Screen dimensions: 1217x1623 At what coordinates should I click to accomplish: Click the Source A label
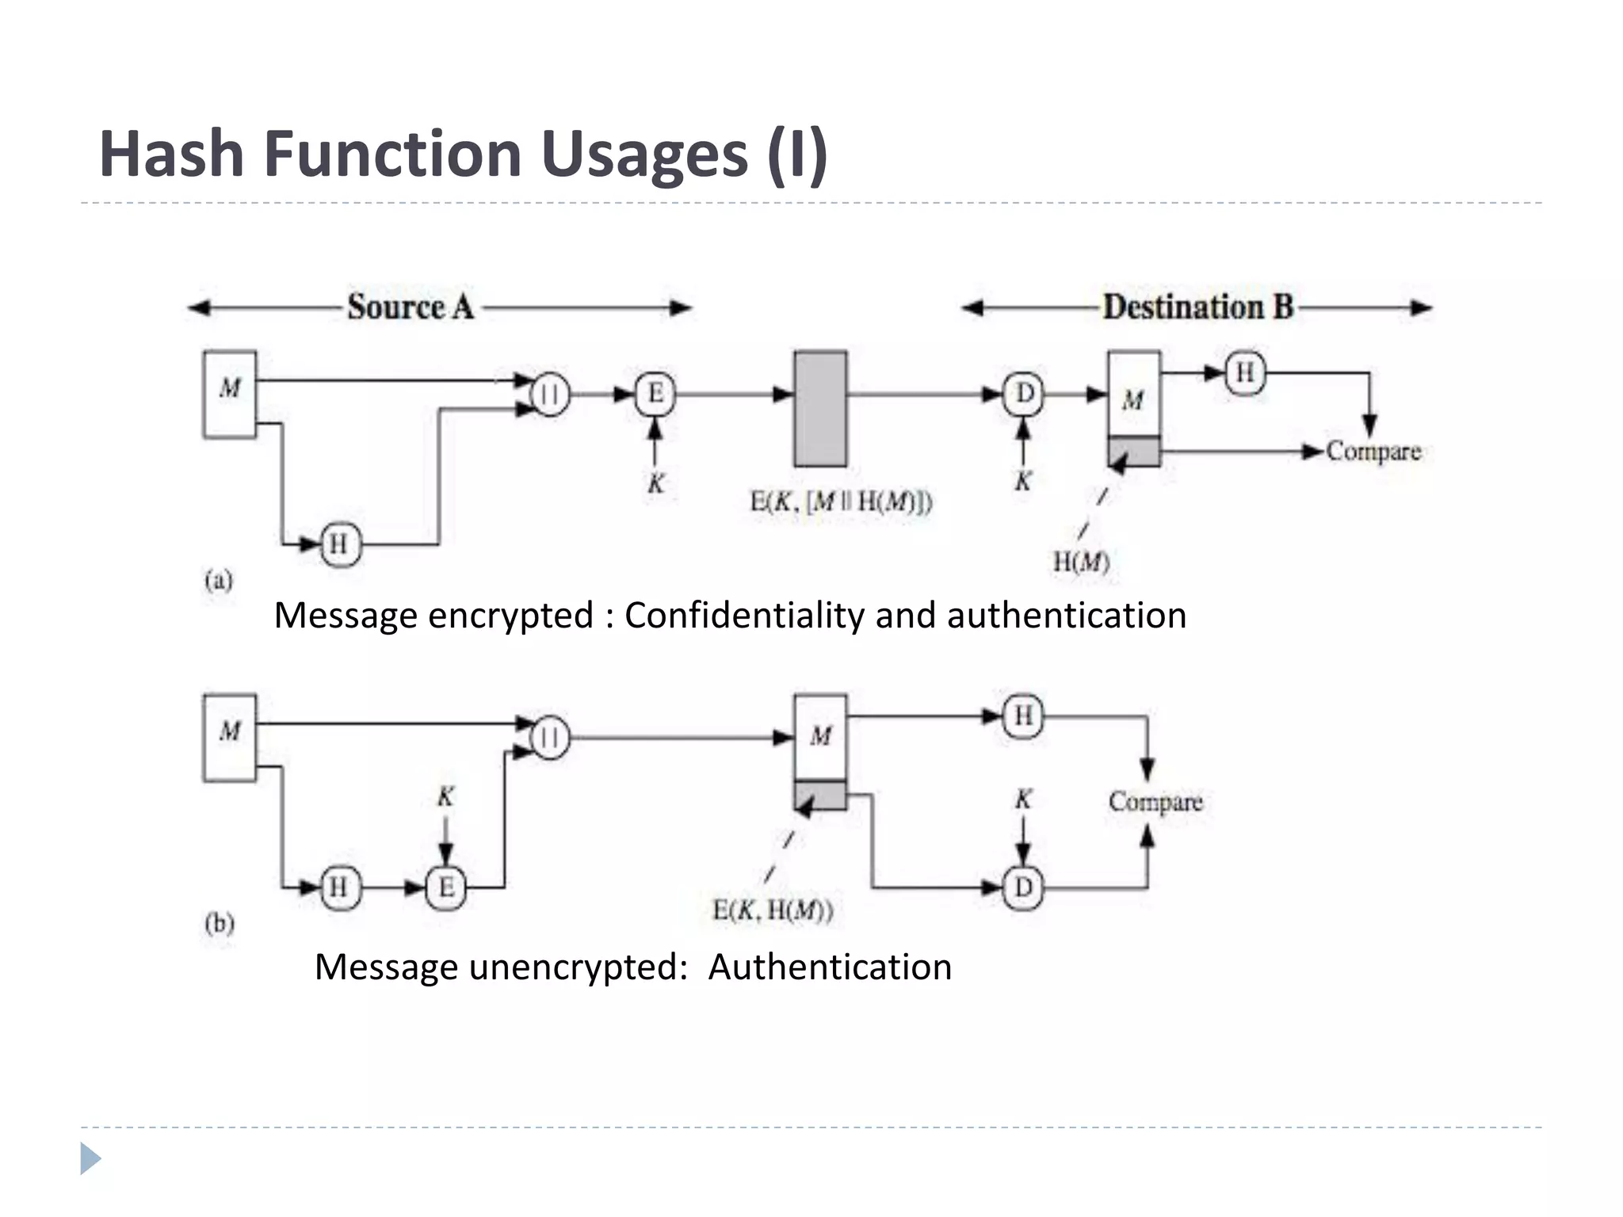[410, 307]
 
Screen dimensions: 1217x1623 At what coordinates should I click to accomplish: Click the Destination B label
[1197, 307]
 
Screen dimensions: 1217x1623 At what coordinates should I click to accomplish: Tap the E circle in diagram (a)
[655, 394]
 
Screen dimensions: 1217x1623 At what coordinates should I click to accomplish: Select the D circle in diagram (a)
[1024, 394]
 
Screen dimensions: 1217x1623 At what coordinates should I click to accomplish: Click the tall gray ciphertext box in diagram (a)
[820, 409]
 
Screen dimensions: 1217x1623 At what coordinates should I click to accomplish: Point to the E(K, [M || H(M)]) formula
[841, 502]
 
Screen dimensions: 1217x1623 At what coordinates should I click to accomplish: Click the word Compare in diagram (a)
[1373, 452]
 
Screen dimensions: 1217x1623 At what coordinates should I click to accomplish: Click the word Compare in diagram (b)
[1155, 802]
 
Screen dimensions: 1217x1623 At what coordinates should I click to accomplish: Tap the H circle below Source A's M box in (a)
[339, 544]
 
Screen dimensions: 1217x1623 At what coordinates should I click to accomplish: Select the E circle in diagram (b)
[446, 887]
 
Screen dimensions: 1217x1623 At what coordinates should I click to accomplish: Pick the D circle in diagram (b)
[1023, 887]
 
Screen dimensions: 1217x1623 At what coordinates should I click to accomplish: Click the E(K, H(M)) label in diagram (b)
[773, 911]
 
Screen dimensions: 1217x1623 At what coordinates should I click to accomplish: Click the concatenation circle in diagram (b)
[549, 738]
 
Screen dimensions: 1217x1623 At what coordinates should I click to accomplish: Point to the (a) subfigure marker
[219, 581]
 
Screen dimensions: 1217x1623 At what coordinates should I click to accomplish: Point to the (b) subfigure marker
[219, 924]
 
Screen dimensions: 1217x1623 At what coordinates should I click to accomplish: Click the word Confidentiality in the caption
[743, 616]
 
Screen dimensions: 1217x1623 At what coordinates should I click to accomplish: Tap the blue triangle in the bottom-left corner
[90, 1159]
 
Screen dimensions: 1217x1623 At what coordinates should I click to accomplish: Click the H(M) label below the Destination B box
[1081, 562]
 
